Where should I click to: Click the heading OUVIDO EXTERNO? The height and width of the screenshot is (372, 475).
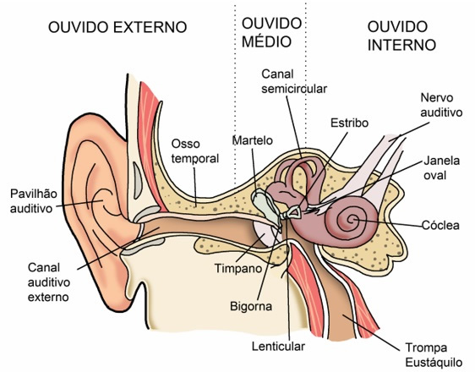(x=117, y=27)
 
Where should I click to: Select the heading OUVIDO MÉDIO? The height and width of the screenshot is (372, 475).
(x=272, y=32)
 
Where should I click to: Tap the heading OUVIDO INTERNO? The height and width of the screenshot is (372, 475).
(x=401, y=36)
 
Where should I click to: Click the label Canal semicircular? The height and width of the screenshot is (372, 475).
(x=294, y=81)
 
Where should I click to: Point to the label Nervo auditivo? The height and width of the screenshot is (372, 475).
(x=441, y=105)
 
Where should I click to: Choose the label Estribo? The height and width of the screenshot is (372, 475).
(x=349, y=123)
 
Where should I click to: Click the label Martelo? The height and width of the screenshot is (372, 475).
(x=253, y=140)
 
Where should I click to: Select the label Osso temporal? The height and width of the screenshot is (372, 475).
(x=195, y=150)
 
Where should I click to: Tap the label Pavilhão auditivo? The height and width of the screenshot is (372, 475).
(x=34, y=201)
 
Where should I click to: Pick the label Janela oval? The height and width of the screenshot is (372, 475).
(x=441, y=167)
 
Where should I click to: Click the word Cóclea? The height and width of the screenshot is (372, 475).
(x=440, y=225)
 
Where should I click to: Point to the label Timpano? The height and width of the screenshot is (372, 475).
(x=238, y=268)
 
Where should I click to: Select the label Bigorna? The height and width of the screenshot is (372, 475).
(x=251, y=306)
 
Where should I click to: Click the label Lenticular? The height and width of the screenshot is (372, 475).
(x=278, y=347)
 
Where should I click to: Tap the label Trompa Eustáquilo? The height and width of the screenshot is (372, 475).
(x=434, y=355)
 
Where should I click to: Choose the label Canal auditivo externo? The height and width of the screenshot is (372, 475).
(x=49, y=282)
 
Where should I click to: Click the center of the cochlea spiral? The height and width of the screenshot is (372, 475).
(x=352, y=219)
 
